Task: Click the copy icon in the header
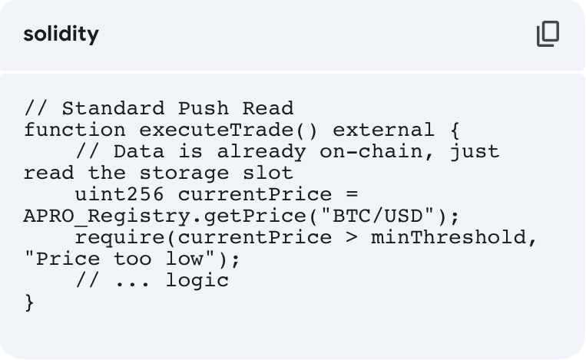pos(548,35)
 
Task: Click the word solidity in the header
pos(61,35)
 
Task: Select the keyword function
pos(74,130)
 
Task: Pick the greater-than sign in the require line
pos(352,237)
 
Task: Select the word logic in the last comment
pos(197,280)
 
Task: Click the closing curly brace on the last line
pos(29,302)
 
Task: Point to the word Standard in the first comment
pos(113,108)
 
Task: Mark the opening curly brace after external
pos(455,130)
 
